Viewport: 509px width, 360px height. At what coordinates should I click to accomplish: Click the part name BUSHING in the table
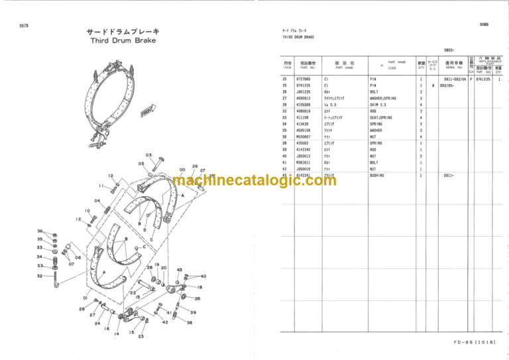tap(377, 175)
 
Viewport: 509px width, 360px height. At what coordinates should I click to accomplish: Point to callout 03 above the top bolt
tap(148, 155)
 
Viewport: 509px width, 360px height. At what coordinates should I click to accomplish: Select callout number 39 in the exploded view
tap(194, 312)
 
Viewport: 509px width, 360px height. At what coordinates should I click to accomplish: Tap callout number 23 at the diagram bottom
tap(141, 336)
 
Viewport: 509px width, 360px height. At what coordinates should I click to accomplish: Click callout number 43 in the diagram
tap(180, 269)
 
